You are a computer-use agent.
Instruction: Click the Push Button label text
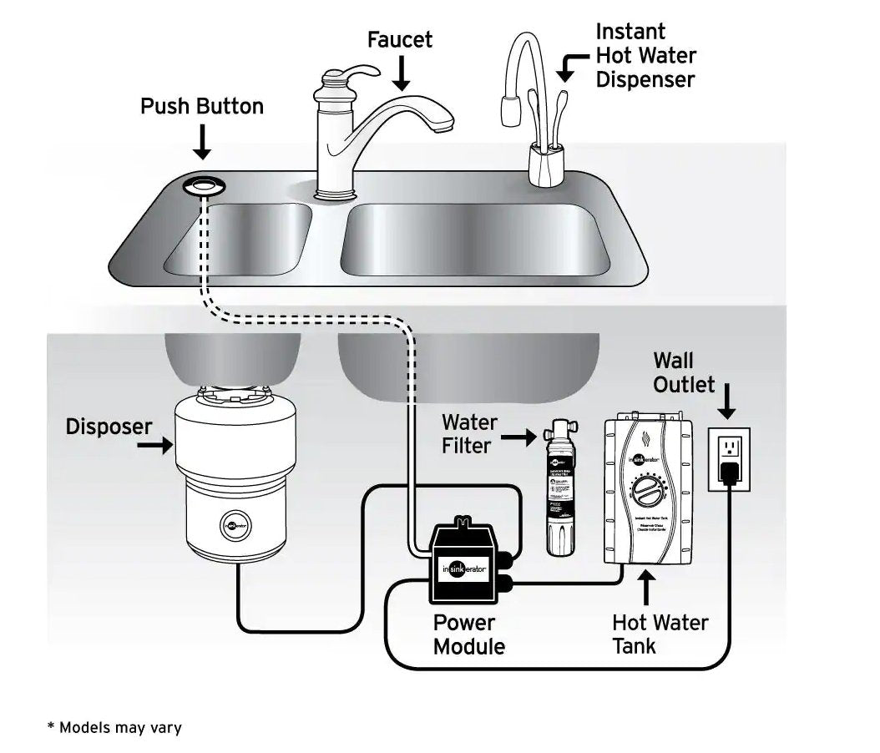[x=201, y=107]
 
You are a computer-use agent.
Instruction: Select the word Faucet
[x=402, y=38]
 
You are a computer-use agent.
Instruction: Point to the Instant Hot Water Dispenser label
[x=645, y=56]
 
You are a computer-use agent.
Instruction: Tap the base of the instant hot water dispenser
[x=548, y=165]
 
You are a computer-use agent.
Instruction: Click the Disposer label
[x=109, y=427]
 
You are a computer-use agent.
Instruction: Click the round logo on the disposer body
[x=236, y=526]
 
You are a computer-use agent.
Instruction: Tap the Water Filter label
[x=468, y=434]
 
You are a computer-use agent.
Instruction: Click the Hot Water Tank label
[x=659, y=634]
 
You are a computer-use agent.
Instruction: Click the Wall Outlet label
[x=684, y=372]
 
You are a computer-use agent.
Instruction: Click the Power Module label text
[x=468, y=634]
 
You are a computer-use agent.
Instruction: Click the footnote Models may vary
[x=114, y=727]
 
